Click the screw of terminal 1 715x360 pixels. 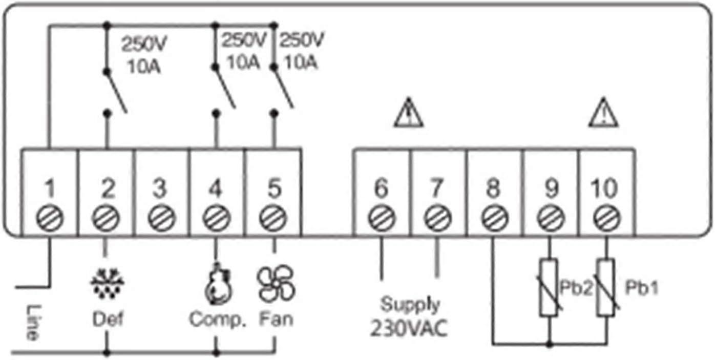pos(50,218)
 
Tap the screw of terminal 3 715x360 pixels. pos(161,218)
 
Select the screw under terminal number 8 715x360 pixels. pos(494,218)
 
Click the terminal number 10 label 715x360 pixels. pos(604,188)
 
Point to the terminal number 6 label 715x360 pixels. pos(381,188)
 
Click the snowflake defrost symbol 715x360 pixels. pos(107,284)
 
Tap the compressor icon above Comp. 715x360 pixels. pos(218,283)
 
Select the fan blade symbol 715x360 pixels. pos(276,283)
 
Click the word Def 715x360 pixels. pos(108,319)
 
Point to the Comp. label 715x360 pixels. pos(217,320)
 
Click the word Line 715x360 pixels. pos(33,322)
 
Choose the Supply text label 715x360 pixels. pos(410,305)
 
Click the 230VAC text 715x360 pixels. pos(409,328)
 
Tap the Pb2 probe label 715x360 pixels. pos(576,288)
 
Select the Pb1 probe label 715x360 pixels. pos(642,288)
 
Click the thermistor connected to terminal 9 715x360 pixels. pos(549,287)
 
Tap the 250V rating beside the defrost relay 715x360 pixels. pos(144,44)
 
